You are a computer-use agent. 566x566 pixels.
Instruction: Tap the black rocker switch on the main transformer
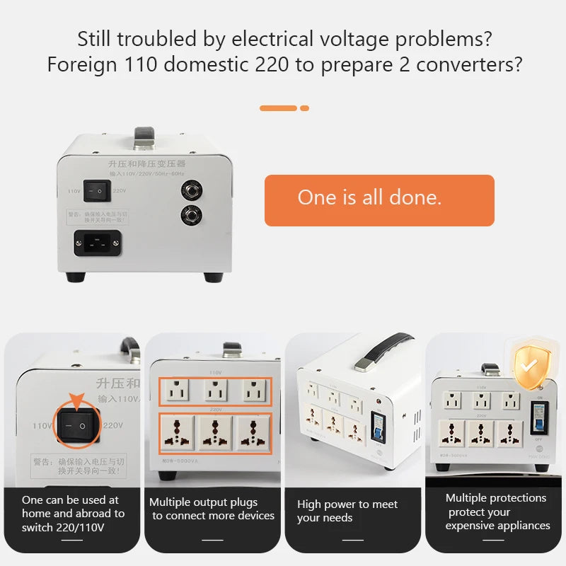(x=98, y=190)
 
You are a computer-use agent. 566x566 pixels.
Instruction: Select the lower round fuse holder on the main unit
(x=191, y=214)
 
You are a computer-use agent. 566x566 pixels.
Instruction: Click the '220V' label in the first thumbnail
(x=113, y=425)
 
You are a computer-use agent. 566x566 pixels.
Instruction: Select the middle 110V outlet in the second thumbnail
(x=214, y=391)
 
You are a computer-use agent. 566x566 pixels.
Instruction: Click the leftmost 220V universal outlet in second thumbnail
(x=178, y=432)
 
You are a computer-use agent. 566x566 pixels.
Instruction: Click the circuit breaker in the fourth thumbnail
(x=540, y=417)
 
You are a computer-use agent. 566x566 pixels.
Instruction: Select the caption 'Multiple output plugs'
(x=203, y=502)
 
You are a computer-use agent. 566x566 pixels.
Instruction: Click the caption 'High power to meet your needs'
(x=347, y=511)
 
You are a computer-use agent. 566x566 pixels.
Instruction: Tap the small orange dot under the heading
(x=305, y=108)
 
